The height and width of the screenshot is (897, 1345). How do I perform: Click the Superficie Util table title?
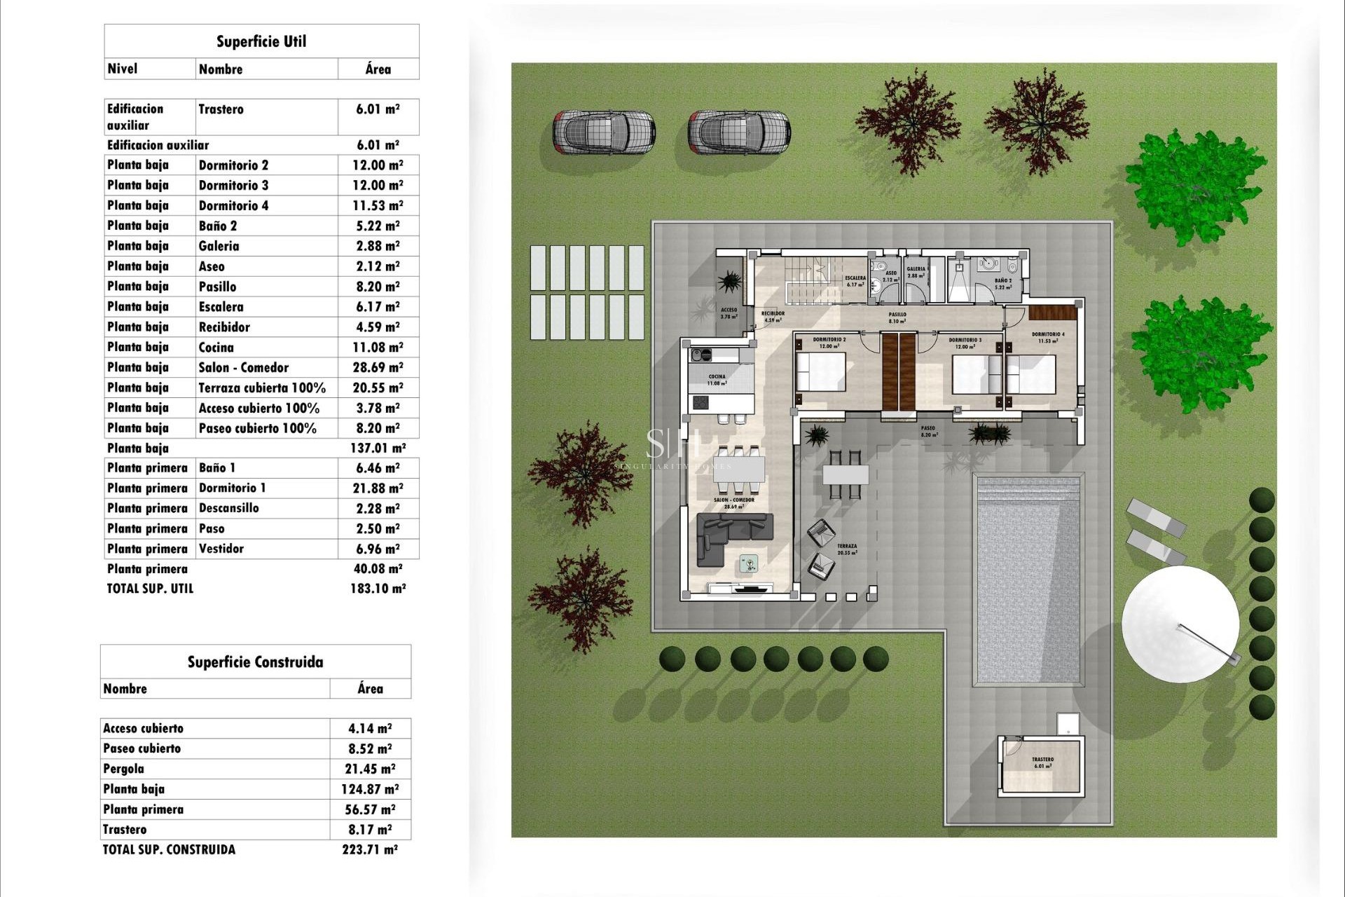click(261, 41)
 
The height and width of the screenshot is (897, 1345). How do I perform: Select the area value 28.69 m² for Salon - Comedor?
click(378, 367)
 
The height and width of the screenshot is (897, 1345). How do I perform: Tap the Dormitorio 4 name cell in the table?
click(233, 205)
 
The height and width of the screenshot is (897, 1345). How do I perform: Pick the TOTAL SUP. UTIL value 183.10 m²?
click(378, 589)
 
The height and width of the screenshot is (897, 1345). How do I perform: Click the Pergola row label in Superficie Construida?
click(123, 769)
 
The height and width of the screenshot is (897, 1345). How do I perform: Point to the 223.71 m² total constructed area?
click(369, 849)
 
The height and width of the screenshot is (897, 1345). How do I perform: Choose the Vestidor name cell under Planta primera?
click(221, 549)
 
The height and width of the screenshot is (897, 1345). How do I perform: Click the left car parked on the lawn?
click(604, 132)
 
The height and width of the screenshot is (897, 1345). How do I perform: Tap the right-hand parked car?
click(738, 132)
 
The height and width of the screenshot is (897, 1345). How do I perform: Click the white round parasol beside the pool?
click(1180, 624)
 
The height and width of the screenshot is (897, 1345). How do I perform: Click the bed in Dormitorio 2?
click(821, 372)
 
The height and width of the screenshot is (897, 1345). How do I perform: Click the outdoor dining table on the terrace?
click(846, 474)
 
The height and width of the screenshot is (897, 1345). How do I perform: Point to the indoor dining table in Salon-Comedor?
click(739, 467)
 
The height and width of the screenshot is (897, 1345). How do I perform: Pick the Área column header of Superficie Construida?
click(370, 689)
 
